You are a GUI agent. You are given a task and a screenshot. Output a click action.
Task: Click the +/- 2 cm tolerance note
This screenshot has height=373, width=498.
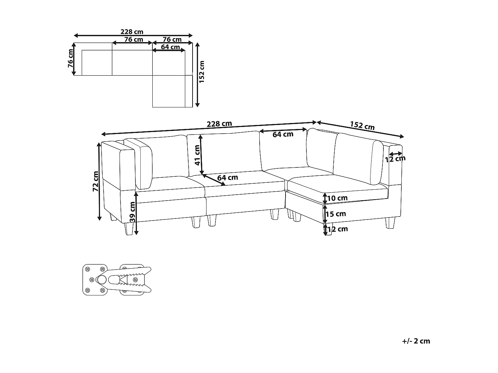point(416,341)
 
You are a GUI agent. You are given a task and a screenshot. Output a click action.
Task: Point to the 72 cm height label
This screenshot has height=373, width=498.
point(96,181)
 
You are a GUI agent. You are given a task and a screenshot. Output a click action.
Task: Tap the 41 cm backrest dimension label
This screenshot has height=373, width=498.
point(197,155)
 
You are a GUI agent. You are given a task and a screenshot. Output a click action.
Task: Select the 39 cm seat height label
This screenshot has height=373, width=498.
point(132,212)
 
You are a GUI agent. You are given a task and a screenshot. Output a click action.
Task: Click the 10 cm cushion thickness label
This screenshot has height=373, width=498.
point(337,198)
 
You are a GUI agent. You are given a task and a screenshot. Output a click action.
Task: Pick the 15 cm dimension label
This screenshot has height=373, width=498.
point(336,214)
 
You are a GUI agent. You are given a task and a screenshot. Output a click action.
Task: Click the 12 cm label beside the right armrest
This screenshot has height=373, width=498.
point(395,159)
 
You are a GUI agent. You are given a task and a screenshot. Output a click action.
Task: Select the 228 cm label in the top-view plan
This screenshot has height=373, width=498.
point(132,32)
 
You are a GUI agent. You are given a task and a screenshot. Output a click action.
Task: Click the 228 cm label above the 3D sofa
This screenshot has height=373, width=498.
point(219,124)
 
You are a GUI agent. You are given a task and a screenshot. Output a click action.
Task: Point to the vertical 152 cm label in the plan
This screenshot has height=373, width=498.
point(202,71)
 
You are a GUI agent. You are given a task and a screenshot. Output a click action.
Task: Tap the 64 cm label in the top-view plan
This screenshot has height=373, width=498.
point(170,47)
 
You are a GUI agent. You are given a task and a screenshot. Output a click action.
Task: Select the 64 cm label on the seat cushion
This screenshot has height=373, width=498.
point(227,178)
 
